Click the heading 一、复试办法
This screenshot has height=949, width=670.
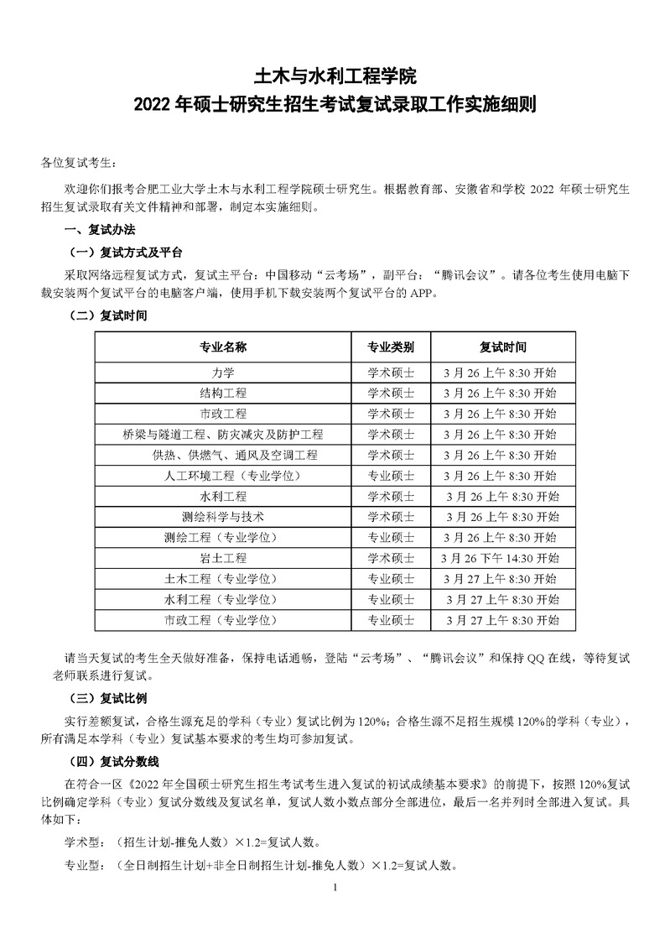99,230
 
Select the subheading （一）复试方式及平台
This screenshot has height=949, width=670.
124,252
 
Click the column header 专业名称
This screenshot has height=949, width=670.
222,347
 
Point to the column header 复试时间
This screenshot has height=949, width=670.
502,347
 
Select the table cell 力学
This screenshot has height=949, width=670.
222,373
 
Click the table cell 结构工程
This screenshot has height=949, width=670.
222,393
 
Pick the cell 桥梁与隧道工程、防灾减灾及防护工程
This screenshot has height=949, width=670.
222,434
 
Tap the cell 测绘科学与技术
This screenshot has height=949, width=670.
222,516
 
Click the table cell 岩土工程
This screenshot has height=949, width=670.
222,558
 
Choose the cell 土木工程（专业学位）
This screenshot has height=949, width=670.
222,579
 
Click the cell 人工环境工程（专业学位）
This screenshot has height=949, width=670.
222,475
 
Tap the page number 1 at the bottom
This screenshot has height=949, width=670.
335,888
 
